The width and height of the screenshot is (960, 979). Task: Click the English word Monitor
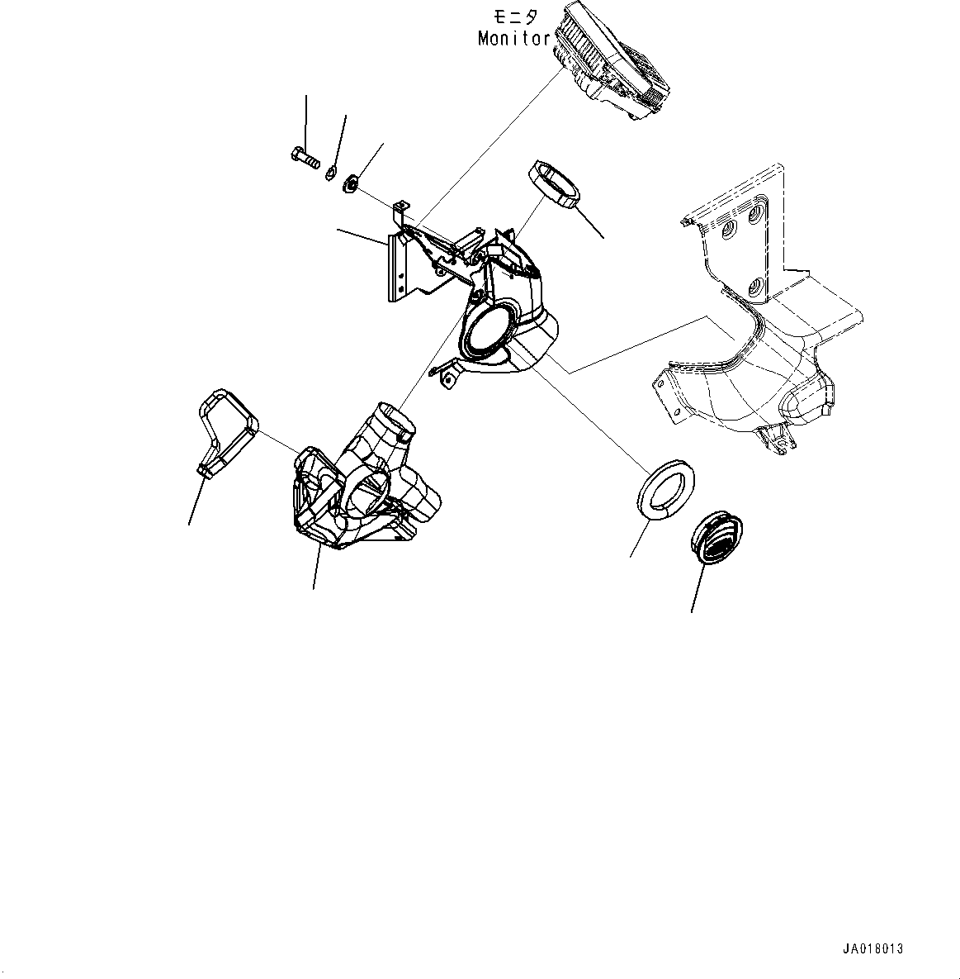[513, 38]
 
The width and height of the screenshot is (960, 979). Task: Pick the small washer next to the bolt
[330, 172]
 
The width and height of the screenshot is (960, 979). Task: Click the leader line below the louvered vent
[697, 590]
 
